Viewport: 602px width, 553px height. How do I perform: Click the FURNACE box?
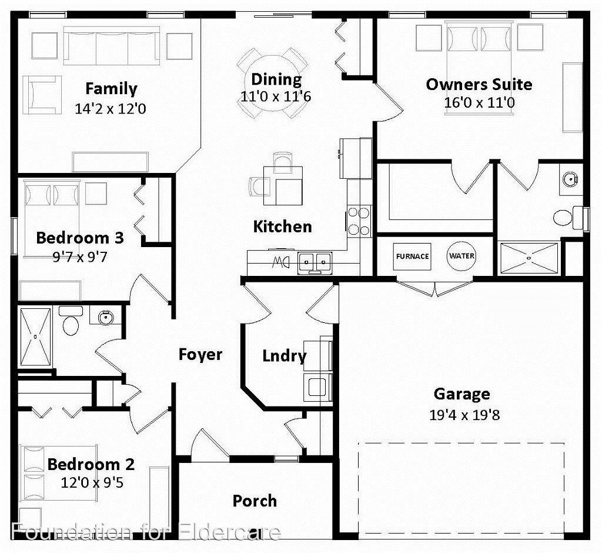[x=412, y=256]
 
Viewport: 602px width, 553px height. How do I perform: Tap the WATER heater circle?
[x=461, y=256]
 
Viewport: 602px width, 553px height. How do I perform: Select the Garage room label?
[x=461, y=394]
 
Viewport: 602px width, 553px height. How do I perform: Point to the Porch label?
[x=255, y=501]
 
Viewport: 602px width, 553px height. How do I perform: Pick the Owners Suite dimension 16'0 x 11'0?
[x=479, y=102]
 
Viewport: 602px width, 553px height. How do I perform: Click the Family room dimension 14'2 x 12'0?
[x=111, y=109]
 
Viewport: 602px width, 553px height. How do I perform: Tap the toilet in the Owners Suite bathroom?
[x=566, y=216]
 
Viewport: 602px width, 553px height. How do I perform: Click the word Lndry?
[x=284, y=356]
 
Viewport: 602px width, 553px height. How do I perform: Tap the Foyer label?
[x=200, y=354]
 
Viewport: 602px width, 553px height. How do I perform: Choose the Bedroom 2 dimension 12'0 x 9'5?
[x=92, y=483]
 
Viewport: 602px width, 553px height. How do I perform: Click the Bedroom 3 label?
[x=80, y=238]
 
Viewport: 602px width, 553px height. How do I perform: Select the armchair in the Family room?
[x=41, y=94]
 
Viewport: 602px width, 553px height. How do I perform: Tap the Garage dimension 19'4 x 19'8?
[x=464, y=415]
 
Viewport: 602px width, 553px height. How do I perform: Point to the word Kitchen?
[x=282, y=226]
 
